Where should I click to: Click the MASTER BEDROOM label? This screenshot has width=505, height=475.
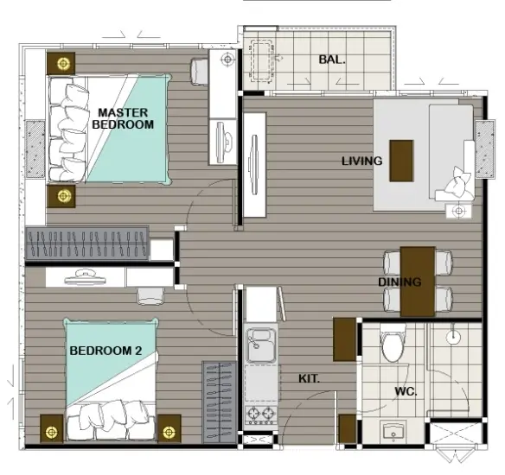pos(123,118)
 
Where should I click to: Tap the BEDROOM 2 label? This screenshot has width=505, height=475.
pos(105,351)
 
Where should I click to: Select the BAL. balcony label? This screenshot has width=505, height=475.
pos(332,60)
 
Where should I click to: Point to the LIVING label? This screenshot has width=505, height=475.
pos(362,161)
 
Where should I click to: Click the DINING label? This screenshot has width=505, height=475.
pos(400,282)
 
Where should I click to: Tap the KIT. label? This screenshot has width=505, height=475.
pos(309,378)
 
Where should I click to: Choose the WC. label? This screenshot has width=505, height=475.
pos(406,391)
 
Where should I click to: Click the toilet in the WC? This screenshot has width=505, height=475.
pos(393,343)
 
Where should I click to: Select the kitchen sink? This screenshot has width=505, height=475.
pos(260,344)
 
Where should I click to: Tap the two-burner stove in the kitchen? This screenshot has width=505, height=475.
pos(261,414)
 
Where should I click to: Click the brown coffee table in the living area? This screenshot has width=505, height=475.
pos(401,161)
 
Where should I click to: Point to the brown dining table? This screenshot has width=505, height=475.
pos(418,282)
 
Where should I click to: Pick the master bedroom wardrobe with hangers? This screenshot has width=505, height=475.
pos(87,243)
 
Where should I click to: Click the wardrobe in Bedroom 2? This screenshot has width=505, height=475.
pos(220,402)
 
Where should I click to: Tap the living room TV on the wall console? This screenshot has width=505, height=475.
pos(254,165)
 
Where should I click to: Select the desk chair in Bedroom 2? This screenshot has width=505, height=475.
pos(150,296)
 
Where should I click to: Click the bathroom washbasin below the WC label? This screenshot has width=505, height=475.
pos(393,432)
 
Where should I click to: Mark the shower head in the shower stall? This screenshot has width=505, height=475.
pos(453,337)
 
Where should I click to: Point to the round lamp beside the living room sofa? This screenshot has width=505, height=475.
pos(459,212)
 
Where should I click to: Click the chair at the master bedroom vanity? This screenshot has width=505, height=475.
pos(200,72)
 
